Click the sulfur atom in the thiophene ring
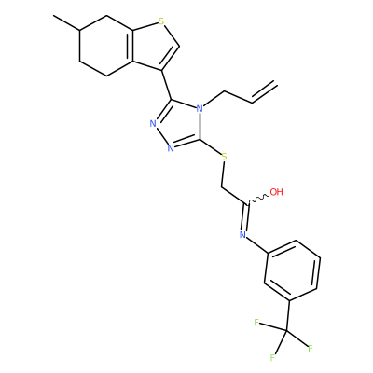160,21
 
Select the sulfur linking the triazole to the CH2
224,157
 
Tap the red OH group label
276,192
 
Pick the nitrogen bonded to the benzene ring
242,235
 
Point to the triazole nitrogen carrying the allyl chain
200,109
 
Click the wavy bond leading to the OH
257,200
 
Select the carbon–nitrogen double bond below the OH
245,217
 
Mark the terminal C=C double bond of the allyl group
264,92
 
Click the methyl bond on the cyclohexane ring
66,22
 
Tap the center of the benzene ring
292,269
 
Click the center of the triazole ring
178,125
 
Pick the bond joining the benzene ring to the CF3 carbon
288,316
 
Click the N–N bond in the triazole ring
161,136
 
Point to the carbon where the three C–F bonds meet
286,331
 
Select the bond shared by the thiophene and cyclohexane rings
131,46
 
